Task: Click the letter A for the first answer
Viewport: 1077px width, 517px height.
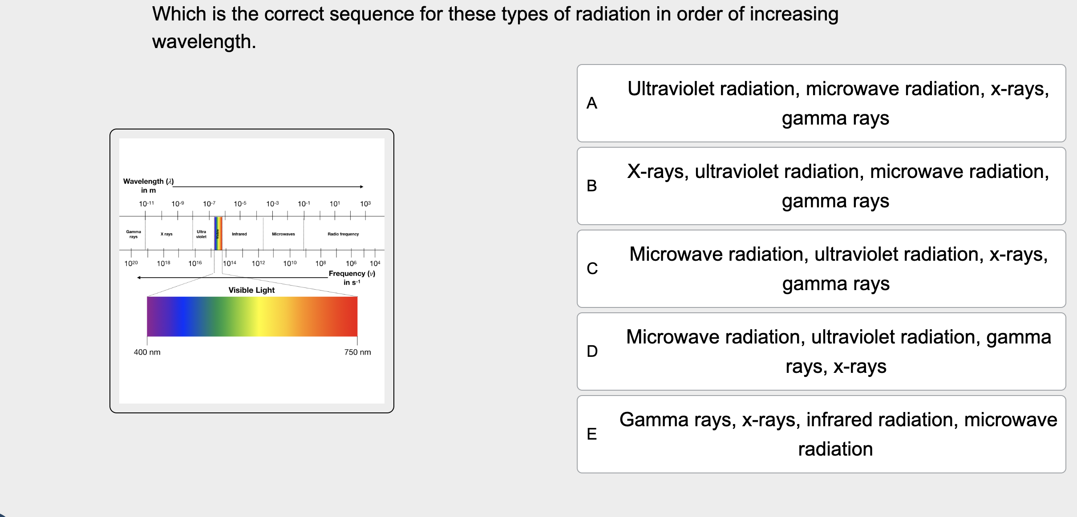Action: point(592,103)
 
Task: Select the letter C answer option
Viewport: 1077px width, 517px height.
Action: point(592,269)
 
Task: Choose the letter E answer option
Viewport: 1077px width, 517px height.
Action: point(592,434)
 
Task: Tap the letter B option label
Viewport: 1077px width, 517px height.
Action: point(592,186)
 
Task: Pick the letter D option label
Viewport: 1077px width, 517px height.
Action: point(592,351)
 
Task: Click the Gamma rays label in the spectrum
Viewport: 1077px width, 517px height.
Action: point(134,234)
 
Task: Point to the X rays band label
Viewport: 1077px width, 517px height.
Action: point(166,234)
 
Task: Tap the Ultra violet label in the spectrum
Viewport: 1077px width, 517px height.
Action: point(201,234)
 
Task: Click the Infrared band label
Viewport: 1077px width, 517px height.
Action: point(239,234)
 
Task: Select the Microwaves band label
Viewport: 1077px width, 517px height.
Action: point(283,234)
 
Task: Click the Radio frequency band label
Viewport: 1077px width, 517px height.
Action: point(343,234)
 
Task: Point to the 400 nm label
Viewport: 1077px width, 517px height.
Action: point(147,352)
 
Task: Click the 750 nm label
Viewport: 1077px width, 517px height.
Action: point(357,352)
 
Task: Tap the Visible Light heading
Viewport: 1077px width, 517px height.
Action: point(251,290)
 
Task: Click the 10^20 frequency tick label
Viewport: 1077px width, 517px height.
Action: point(131,263)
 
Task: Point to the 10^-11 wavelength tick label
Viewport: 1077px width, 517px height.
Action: point(146,204)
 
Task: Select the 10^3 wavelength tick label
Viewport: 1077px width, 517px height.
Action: point(365,204)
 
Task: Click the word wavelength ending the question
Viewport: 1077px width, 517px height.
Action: point(203,42)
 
